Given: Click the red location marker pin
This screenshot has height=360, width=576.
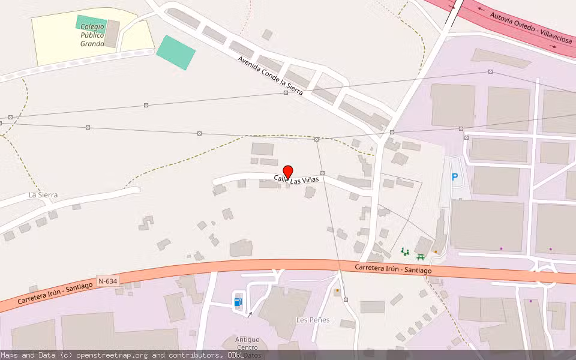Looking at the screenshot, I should pos(287,172).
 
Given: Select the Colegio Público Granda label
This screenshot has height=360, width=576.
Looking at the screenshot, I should pos(92,35).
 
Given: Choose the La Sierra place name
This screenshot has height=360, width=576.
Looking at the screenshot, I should pos(43,195).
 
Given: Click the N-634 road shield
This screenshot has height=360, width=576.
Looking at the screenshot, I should pos(108,281).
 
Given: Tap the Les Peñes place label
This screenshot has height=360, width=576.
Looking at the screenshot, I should pos(313,320).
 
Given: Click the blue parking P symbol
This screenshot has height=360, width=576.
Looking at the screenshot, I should pos(455,178).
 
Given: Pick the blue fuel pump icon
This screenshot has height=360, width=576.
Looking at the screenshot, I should pos(238,302).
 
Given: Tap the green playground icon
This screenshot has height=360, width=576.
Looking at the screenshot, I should pos(405,251).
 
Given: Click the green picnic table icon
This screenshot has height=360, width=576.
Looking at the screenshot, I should pos(421,257).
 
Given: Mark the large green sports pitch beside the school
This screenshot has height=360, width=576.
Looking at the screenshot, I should pos(176,52).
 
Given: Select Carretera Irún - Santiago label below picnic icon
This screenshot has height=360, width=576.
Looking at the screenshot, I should pos(393,269).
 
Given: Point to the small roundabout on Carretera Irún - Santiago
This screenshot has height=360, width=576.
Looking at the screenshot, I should pos(546,277).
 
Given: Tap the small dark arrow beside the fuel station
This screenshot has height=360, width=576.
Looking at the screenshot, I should pos(251,314).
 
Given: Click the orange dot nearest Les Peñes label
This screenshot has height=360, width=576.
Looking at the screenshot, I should pos(337,291).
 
